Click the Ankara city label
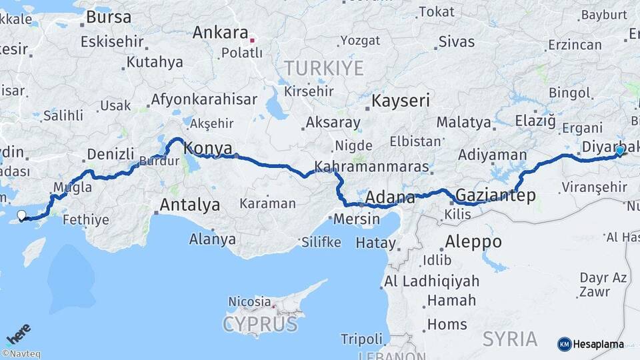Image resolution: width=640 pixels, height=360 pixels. pos(220,33)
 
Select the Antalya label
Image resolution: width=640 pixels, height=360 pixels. pos(189,205)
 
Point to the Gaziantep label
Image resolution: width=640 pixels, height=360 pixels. pos(495,195)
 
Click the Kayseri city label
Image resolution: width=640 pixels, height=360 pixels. pos(400,101)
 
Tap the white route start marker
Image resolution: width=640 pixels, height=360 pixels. pos(21,215)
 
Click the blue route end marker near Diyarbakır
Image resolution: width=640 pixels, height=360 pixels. pos(619,151)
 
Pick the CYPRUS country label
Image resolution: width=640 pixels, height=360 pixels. pos(260,325)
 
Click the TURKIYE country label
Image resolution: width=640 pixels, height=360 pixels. pos(324,68)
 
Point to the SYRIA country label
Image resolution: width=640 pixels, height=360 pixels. pos(510,339)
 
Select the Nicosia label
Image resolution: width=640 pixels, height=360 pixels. pos(249,302)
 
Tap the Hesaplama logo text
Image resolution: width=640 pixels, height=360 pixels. pos(598,345)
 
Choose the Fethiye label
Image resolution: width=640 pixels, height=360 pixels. pos(85,219)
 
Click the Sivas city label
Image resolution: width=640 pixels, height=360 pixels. pos(457,41)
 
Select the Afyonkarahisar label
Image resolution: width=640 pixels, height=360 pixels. pos(204,100)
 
